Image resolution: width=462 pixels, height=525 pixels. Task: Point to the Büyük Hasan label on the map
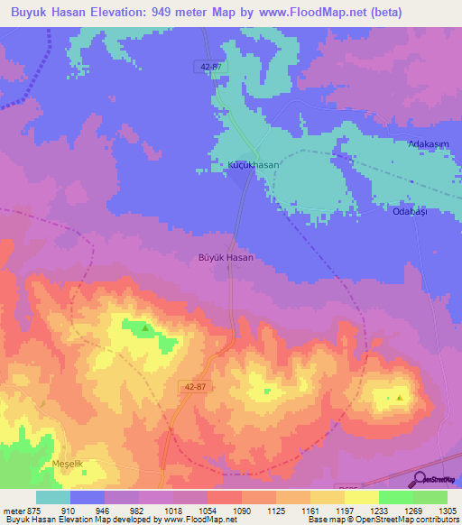pos(226,257)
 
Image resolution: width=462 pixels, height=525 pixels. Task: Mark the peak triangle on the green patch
pos(144,328)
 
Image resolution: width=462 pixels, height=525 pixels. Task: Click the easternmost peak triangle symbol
pos(399,397)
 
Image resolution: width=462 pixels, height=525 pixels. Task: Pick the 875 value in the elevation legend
pos(33,510)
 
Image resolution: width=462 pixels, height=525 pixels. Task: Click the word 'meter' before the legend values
pos(12,510)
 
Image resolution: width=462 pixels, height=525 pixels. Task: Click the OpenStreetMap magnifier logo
pos(419,479)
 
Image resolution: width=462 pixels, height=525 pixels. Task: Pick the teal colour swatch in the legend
pos(52,497)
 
